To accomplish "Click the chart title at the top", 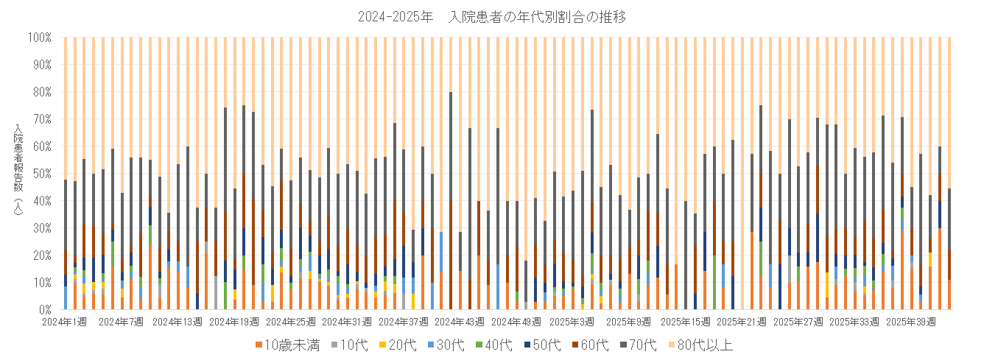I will [491, 17].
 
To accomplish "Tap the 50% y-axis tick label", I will [41, 173].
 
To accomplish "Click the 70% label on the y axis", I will [41, 119].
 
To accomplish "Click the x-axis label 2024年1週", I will [64, 322].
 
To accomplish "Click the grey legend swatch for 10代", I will [339, 345].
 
